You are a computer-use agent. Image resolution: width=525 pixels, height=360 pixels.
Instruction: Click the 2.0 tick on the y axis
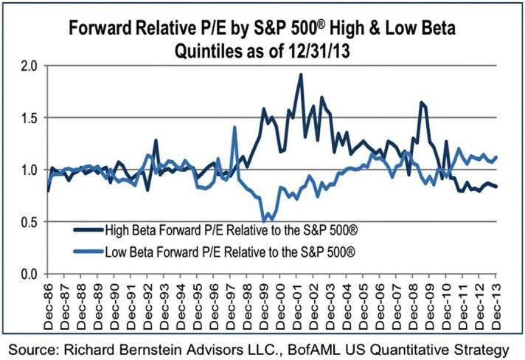click(28, 65)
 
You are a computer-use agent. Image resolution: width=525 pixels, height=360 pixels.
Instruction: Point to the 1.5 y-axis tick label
click(28, 117)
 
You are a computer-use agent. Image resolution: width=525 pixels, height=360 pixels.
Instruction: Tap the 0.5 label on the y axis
click(28, 222)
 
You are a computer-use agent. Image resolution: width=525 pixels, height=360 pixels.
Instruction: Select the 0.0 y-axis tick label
click(28, 274)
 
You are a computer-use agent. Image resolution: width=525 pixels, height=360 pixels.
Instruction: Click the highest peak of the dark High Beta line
click(301, 75)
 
